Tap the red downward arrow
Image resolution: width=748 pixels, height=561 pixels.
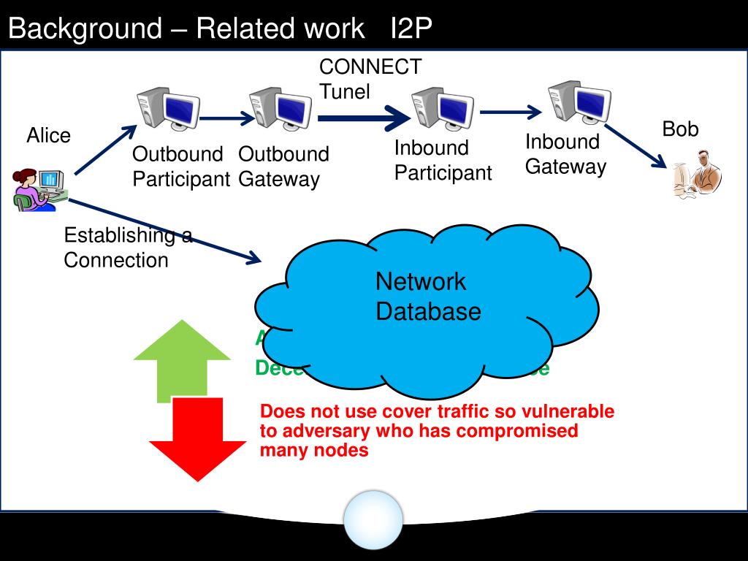198,438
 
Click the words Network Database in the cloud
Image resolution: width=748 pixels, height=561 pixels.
427,297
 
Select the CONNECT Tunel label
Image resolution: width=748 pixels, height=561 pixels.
370,79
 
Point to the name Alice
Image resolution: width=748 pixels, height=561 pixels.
49,136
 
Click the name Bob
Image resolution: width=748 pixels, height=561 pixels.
680,130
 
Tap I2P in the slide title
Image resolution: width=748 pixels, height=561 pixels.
411,28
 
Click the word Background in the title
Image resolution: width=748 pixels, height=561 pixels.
85,28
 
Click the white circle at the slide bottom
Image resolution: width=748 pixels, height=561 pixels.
373,519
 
